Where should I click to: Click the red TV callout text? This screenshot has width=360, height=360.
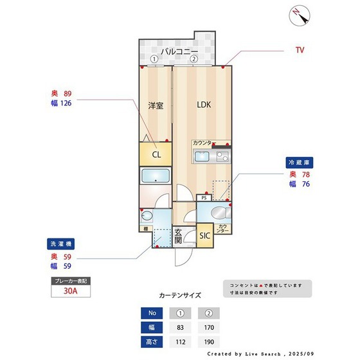[x=300, y=50]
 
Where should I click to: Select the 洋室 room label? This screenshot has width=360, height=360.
[x=156, y=105]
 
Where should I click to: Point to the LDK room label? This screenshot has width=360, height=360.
[x=204, y=105]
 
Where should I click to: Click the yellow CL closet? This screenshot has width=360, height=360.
[x=156, y=154]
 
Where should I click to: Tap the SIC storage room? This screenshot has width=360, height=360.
[x=204, y=235]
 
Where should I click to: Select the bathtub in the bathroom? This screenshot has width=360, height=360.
[x=155, y=177]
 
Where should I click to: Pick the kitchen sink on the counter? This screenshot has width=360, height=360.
[x=201, y=157]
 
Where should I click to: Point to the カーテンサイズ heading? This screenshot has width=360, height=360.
[x=180, y=296]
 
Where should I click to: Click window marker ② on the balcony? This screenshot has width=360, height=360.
[x=194, y=59]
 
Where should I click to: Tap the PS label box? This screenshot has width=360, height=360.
[x=204, y=198]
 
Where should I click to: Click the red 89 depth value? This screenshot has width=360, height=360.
[x=67, y=93]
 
